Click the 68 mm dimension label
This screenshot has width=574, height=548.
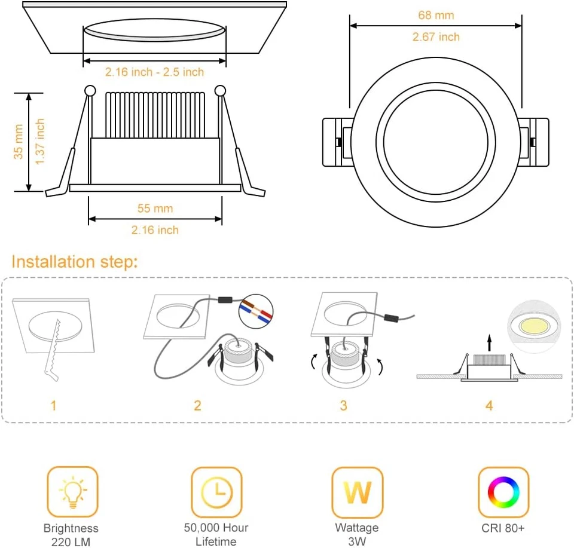(436, 16)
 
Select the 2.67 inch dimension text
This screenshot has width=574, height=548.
(436, 37)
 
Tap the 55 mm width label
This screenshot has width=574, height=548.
(155, 208)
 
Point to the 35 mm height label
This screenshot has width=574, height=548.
(19, 142)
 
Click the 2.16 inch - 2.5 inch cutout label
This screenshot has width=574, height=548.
(154, 72)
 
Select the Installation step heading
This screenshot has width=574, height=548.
(75, 262)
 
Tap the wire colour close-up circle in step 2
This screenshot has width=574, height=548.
(255, 311)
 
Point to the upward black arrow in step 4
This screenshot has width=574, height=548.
(490, 343)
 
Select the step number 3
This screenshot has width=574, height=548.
(343, 406)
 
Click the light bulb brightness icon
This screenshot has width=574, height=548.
(72, 492)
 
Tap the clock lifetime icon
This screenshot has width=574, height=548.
(216, 492)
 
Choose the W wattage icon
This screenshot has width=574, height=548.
(357, 492)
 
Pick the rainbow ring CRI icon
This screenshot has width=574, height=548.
(503, 492)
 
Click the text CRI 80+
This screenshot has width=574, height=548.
(503, 528)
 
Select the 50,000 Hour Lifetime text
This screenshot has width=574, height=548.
(216, 534)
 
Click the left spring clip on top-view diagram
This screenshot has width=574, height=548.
(335, 142)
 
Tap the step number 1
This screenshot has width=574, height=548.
(53, 406)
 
